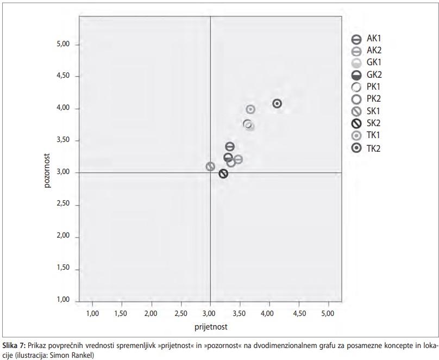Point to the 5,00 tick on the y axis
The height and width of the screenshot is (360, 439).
pyautogui.click(x=64, y=44)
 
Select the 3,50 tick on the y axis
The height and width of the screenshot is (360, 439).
pyautogui.click(x=64, y=140)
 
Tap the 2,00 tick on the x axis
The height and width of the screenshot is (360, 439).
pyautogui.click(x=151, y=313)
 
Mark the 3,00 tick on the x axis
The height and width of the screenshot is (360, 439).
pyautogui.click(x=210, y=313)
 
